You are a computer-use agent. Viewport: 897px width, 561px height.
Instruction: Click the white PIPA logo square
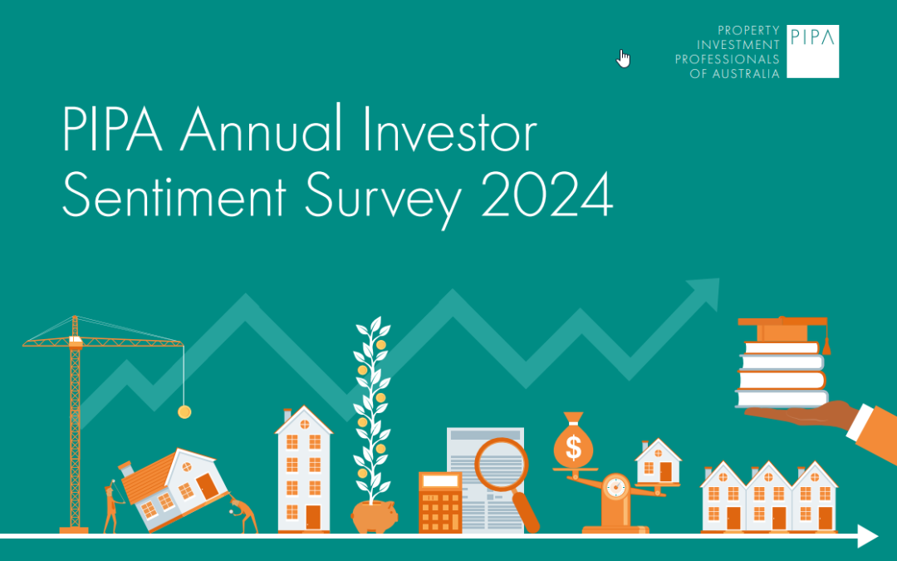pyautogui.click(x=812, y=52)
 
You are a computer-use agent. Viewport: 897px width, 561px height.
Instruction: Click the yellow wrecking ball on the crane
pyautogui.click(x=184, y=411)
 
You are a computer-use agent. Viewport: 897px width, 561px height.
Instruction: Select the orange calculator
pyautogui.click(x=440, y=502)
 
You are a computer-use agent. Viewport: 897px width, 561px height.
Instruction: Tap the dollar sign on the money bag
pyautogui.click(x=573, y=450)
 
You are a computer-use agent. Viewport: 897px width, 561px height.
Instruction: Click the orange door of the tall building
pyautogui.click(x=312, y=517)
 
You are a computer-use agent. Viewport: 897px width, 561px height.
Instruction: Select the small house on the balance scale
pyautogui.click(x=658, y=462)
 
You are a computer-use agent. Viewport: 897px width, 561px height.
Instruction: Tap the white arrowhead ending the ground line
pyautogui.click(x=867, y=536)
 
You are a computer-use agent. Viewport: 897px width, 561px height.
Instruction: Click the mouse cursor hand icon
pyautogui.click(x=624, y=58)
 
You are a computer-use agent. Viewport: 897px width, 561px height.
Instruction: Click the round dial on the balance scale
pyautogui.click(x=615, y=488)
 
